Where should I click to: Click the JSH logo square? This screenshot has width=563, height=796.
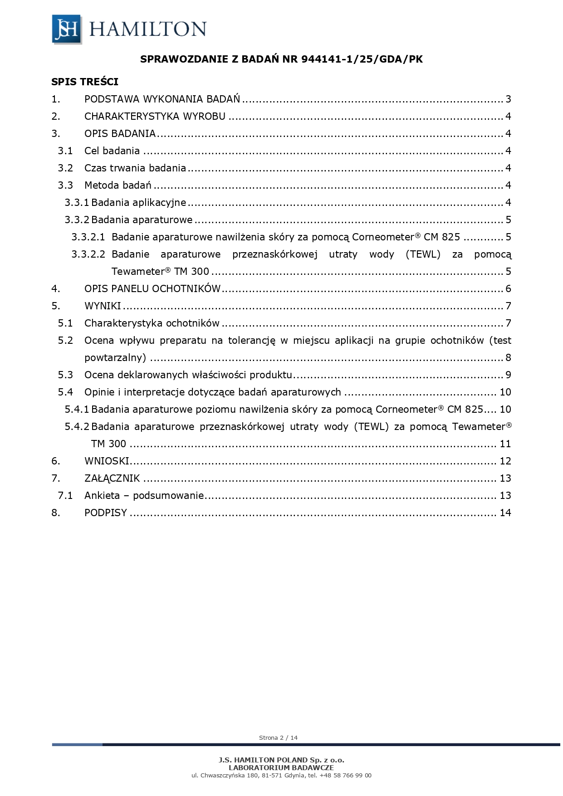point(66,29)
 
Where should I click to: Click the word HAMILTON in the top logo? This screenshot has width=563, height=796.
point(148,29)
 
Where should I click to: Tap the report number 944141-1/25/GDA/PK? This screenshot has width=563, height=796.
point(362,59)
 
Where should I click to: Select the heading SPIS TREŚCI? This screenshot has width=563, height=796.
point(85,82)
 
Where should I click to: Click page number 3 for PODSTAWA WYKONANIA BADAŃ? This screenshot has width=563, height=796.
point(508,99)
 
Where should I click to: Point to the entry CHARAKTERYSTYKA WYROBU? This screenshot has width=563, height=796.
point(155,117)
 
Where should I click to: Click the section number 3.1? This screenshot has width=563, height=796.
point(65,151)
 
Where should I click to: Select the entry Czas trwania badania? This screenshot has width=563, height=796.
point(135,168)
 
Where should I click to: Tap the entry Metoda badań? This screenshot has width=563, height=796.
point(117,186)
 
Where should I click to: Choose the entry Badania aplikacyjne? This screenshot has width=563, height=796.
point(138,203)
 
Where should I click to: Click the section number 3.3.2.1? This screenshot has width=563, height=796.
point(88,237)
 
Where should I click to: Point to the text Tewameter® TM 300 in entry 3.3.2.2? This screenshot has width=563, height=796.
point(160,272)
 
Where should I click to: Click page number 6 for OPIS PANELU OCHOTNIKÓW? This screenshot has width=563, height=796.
point(508,289)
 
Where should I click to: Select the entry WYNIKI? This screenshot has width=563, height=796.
point(103,306)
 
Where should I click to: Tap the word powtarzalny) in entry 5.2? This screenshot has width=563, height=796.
point(115,358)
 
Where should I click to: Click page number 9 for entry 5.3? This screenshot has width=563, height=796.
point(508,375)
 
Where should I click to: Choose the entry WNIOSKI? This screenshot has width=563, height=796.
point(107,461)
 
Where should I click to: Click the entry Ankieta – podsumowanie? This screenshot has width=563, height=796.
point(144,496)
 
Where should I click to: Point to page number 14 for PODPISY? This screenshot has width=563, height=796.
point(505,513)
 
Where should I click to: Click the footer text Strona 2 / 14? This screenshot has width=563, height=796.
point(278,737)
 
